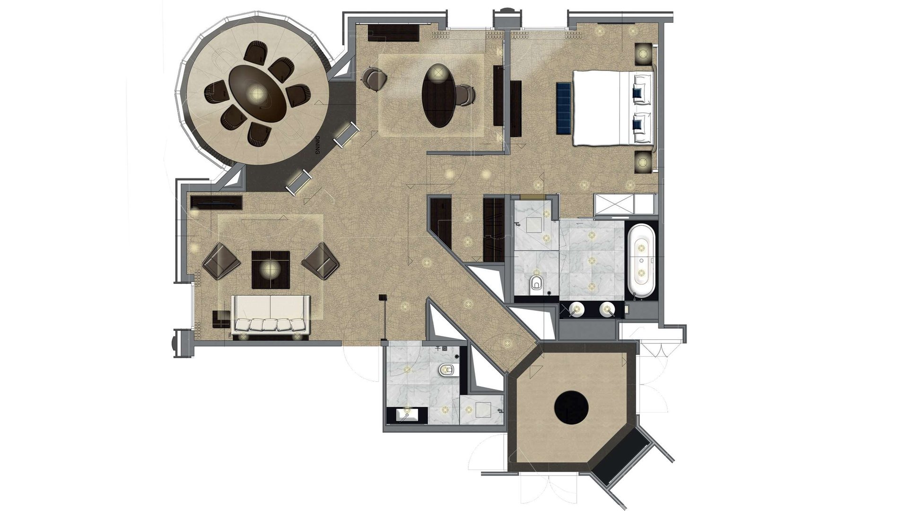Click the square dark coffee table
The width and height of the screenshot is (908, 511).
[271, 269]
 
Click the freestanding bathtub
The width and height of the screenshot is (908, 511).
[641, 260]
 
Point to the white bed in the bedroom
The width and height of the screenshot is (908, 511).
[614, 107]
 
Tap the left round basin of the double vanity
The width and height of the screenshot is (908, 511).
[578, 310]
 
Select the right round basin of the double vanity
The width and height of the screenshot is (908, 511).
[607, 310]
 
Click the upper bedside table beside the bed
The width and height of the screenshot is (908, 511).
[643, 54]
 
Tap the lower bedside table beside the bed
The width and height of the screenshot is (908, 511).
[643, 162]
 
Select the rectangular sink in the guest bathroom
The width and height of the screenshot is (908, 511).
[407, 415]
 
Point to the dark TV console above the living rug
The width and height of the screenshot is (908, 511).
[217, 202]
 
